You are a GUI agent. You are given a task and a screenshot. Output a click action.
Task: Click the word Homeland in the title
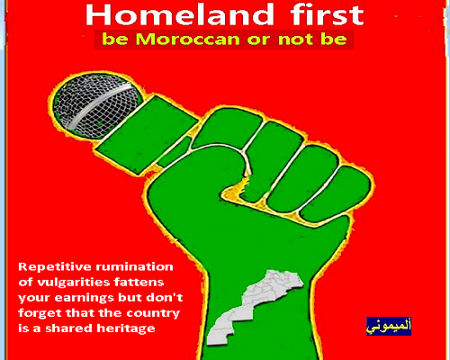pos(179,14)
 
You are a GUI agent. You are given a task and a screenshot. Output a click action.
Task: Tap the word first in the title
pos(327,14)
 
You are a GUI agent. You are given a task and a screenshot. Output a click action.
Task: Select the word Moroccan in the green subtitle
pos(187,40)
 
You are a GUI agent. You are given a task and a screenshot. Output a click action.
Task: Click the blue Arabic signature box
pos(389,326)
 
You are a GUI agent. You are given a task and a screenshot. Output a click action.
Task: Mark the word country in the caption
pos(153,313)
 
